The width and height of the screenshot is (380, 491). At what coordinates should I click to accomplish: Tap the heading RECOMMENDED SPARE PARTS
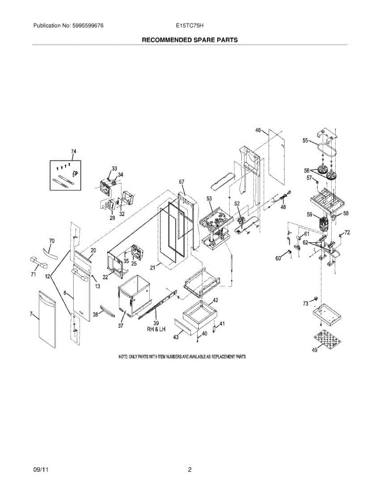click(190, 40)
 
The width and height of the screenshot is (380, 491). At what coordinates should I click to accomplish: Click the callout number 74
click(73, 152)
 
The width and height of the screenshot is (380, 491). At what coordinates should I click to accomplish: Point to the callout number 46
click(258, 130)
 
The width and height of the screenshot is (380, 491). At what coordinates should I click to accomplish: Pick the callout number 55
click(305, 141)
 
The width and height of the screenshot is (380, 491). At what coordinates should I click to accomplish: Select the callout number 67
click(182, 181)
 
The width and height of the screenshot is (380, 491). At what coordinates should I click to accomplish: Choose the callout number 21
click(152, 268)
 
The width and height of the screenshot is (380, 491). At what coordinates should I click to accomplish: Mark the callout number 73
click(305, 304)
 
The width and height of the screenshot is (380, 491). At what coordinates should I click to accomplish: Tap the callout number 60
click(278, 258)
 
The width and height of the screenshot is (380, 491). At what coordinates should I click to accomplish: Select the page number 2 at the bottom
click(190, 470)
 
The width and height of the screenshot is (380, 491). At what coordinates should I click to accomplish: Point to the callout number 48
click(283, 207)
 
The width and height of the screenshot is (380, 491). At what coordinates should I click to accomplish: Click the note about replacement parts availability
click(182, 357)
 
